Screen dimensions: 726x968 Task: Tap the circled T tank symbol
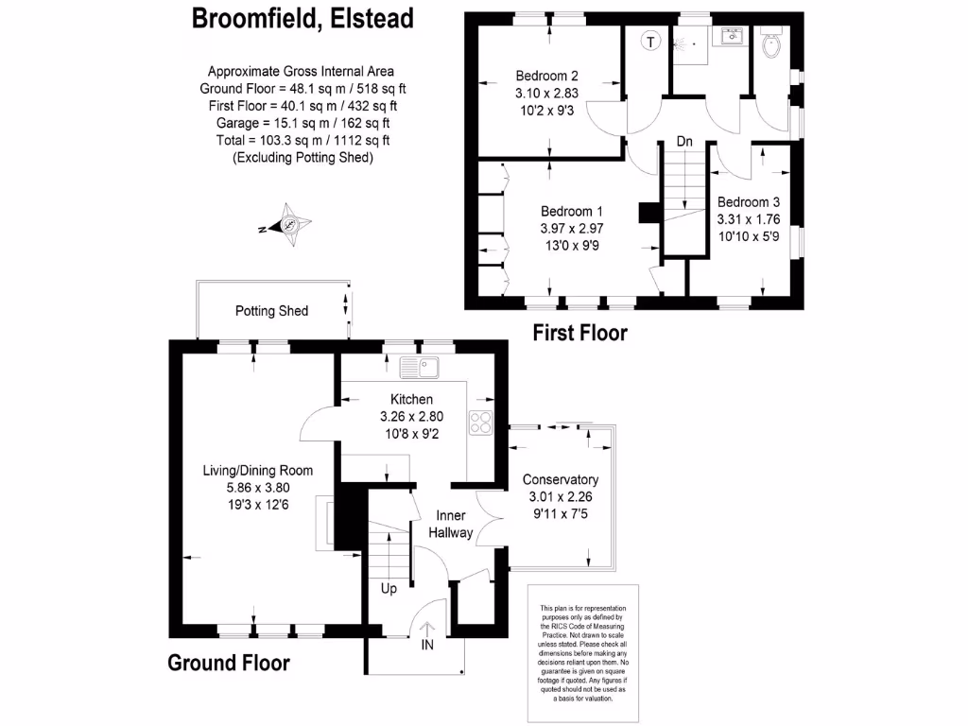pos(649,41)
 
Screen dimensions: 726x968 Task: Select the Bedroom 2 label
pos(546,76)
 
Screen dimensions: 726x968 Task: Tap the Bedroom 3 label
pos(749,202)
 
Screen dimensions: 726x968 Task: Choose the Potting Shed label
pos(271,311)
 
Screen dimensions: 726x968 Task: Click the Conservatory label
pos(562,479)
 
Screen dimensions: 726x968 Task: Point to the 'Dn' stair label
pos(684,142)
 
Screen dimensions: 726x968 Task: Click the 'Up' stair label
pos(389,588)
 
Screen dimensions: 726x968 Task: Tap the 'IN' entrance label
pos(427,645)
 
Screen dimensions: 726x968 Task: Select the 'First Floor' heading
pos(579,333)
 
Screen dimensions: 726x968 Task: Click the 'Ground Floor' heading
pos(229,663)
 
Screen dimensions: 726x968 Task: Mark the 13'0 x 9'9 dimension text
pos(571,246)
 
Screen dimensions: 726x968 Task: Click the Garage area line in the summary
pos(300,123)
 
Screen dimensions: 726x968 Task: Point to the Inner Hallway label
pos(451,525)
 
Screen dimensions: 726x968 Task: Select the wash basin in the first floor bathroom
pos(730,37)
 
